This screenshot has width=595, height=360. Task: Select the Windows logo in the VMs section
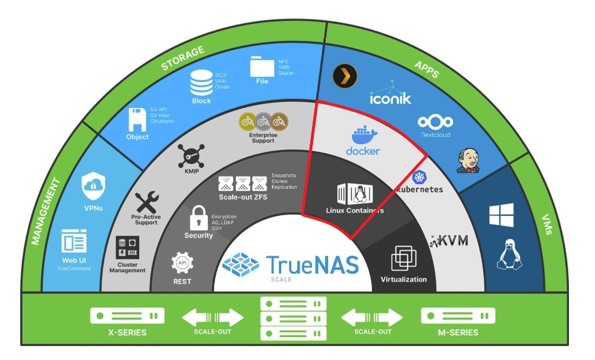(501, 215)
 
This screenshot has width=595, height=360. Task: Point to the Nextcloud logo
(435, 122)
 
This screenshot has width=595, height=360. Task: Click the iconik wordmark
(391, 98)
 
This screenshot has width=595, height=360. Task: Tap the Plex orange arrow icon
(345, 75)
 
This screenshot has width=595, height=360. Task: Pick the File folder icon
(262, 67)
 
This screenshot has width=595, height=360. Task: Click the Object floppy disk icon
(137, 119)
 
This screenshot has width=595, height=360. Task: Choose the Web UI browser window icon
(74, 241)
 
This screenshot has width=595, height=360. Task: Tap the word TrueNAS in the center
(313, 265)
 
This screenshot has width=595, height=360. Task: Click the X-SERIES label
(127, 332)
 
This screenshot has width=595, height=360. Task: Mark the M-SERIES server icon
(458, 316)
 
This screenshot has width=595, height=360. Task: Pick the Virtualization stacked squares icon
(403, 258)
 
